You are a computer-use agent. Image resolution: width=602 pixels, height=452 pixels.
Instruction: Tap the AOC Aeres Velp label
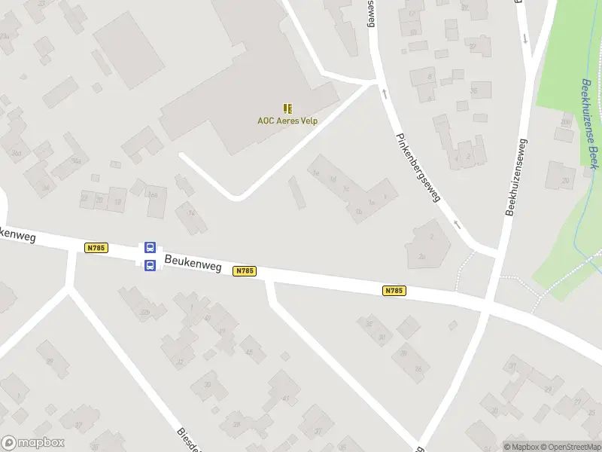287,121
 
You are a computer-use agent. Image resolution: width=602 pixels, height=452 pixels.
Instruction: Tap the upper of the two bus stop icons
150,247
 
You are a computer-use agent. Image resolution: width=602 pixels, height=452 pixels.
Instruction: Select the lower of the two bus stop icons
150,264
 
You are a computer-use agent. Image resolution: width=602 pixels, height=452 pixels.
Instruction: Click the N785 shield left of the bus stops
96,247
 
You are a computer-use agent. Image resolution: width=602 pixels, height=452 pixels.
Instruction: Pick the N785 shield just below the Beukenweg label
245,270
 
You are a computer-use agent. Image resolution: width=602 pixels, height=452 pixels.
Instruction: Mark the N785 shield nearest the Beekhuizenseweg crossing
394,290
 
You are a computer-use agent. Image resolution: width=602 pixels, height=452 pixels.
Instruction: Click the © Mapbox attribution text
522,447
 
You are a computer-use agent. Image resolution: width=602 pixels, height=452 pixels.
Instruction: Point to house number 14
191,213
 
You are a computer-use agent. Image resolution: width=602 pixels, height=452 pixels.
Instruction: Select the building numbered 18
117,201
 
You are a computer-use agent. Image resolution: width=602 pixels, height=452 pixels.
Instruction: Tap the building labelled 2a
421,257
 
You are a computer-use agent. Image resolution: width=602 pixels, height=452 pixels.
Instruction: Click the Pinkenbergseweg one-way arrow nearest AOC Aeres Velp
384,93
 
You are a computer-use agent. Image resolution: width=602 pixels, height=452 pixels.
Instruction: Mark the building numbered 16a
154,194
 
